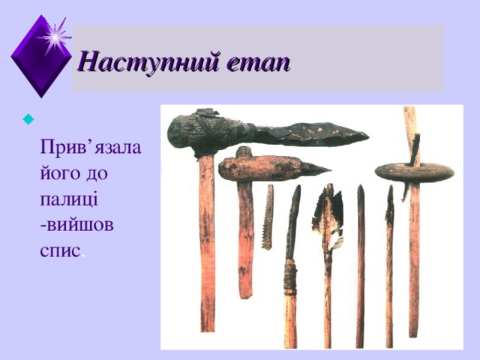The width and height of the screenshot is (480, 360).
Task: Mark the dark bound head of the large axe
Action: point(198,130)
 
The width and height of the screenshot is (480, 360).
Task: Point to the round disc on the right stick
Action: point(414,172)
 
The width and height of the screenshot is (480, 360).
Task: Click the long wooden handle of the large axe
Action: point(206,247)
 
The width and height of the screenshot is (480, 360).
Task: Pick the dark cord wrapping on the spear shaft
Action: point(289,277)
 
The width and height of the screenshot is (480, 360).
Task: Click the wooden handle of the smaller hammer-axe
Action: point(245,240)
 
